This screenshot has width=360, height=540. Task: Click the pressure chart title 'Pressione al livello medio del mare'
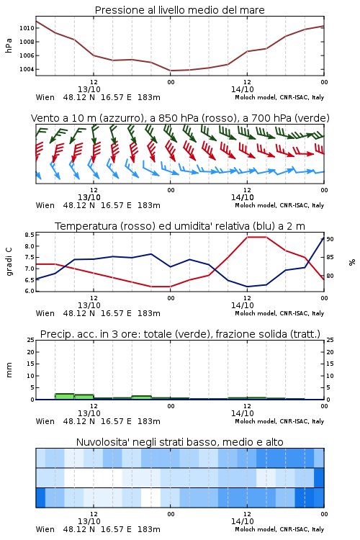pos(179,10)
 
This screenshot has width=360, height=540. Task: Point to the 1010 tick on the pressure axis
pos(27,28)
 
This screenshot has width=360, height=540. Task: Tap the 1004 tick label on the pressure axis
pos(27,69)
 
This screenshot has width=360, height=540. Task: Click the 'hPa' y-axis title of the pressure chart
pos(9,45)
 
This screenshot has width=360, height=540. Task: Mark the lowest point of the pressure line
pos(171,71)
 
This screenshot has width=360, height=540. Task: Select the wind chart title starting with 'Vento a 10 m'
pos(180,118)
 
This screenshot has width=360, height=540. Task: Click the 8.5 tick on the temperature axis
pos(30,235)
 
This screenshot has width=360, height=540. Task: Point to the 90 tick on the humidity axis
pos(330,239)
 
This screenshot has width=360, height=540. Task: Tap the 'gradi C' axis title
pos(9,261)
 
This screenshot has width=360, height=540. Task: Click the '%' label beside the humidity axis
pos(352,262)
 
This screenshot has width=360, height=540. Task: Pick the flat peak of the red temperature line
pos(256,237)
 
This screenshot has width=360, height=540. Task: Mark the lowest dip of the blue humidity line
pos(247,287)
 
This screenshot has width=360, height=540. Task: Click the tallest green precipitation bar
pos(64,397)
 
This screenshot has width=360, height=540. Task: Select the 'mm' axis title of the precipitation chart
pos(9,369)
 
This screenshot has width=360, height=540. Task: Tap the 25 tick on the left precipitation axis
pos(31,340)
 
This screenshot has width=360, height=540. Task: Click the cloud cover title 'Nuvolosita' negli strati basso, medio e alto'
pos(179,442)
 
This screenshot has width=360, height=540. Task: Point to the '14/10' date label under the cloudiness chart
pos(242,521)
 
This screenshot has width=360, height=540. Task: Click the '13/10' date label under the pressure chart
pos(89,89)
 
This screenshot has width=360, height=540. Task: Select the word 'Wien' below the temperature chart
pos(45,313)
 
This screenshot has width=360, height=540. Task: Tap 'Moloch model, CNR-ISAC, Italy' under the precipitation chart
pos(279,421)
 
